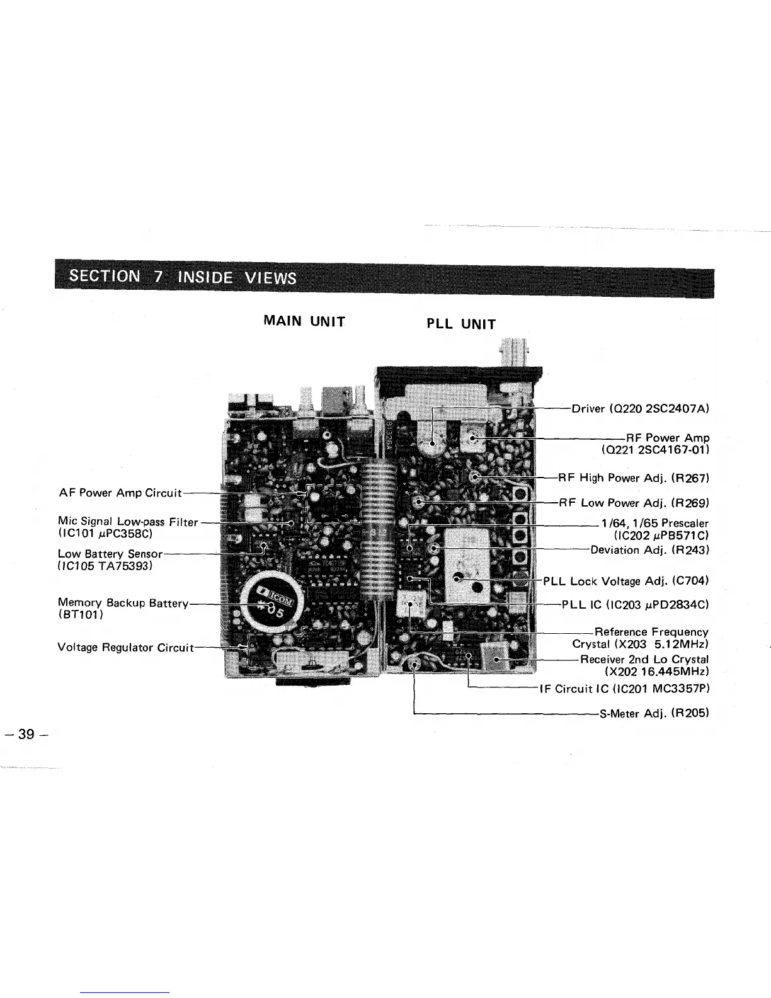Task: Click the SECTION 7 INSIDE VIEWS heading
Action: (x=183, y=277)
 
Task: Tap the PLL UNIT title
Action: (x=461, y=324)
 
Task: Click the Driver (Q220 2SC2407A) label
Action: (x=640, y=408)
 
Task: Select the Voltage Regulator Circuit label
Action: (x=126, y=647)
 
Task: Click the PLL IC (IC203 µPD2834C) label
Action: (x=636, y=605)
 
